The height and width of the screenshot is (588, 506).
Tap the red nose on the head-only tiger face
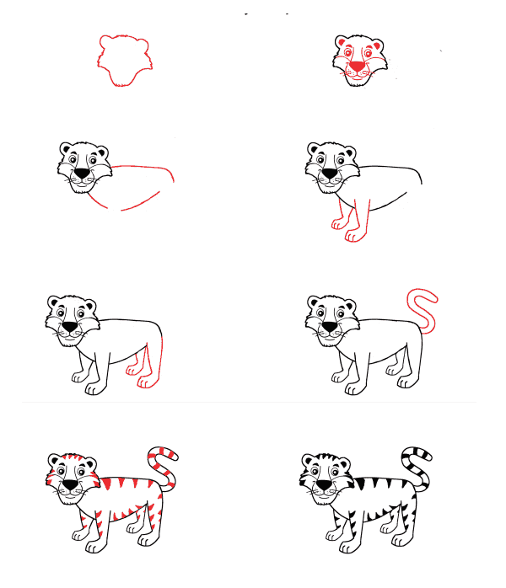click(x=358, y=66)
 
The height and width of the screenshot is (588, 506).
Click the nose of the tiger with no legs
click(x=82, y=174)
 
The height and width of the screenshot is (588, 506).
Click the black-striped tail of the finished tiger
click(x=417, y=468)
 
